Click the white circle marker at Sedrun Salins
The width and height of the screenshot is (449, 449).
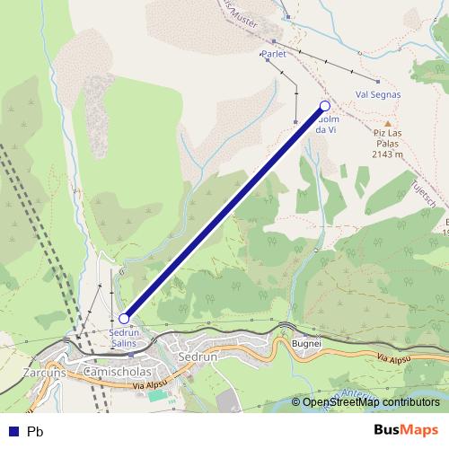(124, 318)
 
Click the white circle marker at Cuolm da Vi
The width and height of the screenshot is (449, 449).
(325, 106)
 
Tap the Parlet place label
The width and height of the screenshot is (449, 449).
(273, 54)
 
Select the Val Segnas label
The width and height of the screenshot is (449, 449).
(378, 93)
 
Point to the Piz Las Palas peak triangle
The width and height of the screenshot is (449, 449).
(388, 124)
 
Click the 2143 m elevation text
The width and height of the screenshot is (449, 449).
(387, 154)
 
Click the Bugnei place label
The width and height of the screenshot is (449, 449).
(306, 343)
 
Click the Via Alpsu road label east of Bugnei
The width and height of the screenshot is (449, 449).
(395, 359)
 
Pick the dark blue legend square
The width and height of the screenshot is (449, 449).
(13, 431)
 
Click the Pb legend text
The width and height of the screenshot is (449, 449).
(35, 431)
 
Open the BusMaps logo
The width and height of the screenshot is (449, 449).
(406, 430)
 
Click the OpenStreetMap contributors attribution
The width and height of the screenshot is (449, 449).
(371, 402)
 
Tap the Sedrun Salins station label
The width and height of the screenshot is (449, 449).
(124, 337)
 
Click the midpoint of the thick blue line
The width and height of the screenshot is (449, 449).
(224, 212)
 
